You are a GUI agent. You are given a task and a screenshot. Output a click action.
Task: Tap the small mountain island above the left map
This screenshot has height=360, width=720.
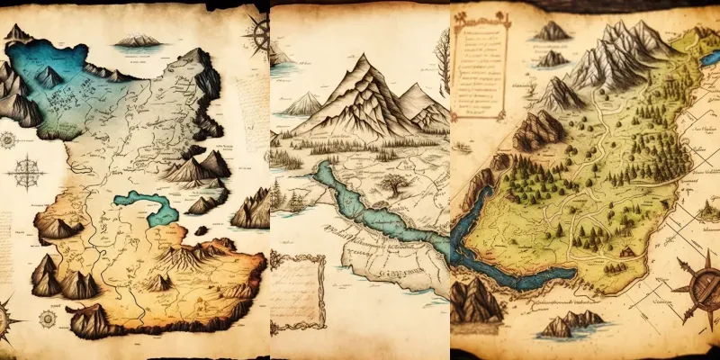(138, 40)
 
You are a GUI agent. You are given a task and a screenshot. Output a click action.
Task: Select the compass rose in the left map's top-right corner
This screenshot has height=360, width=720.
(258, 34)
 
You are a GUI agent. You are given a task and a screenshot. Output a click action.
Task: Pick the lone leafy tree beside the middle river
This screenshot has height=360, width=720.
(392, 186)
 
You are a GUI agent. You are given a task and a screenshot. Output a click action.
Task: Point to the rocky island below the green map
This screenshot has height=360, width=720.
(569, 322)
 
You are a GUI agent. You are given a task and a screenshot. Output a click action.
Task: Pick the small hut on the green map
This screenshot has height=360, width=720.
(624, 250)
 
